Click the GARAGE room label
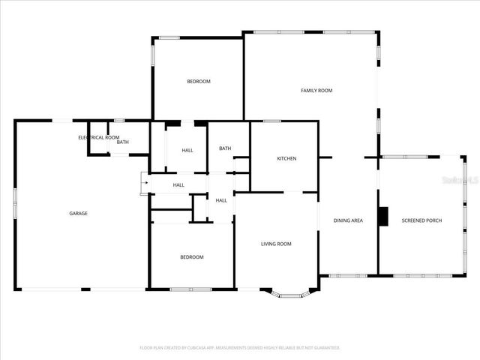coord(79,214)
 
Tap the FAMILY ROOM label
coord(316,91)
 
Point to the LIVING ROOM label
coord(276,244)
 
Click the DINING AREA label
coord(348,220)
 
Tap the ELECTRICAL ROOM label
coord(99,137)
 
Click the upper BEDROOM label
coord(199,81)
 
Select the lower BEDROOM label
coord(191,257)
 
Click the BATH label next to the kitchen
coord(225,148)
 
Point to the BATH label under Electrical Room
coord(122,142)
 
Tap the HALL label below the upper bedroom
coord(187,151)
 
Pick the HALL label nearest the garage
coord(178,185)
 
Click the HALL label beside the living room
coord(221,200)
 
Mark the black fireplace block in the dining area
coord(383,216)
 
